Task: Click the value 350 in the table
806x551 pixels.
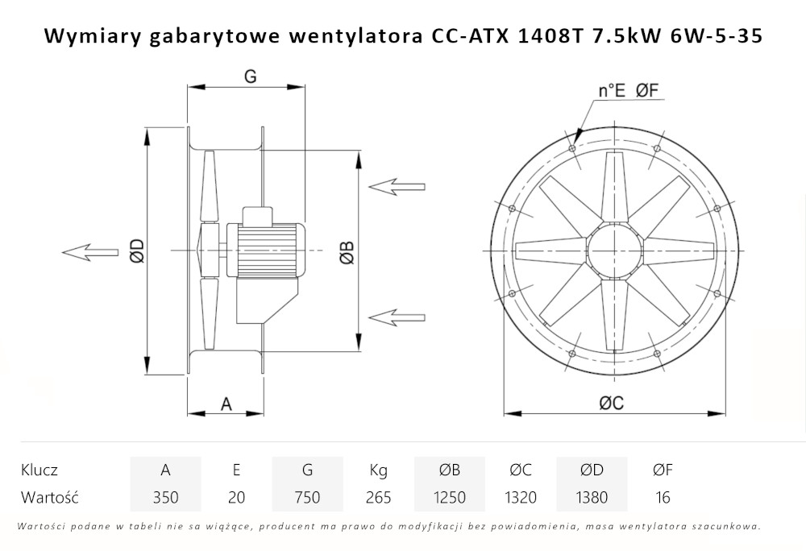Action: click(165, 497)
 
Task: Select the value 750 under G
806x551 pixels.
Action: click(307, 497)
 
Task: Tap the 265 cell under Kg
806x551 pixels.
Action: click(378, 497)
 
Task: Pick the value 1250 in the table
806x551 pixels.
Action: click(449, 497)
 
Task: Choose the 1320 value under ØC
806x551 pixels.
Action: click(520, 497)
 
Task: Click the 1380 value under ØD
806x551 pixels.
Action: click(592, 497)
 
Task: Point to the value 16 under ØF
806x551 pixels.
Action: click(663, 497)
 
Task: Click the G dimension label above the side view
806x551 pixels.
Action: click(250, 77)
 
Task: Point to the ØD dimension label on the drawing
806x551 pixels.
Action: click(136, 251)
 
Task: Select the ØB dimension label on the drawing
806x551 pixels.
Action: click(345, 251)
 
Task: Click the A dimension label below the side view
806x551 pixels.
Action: click(226, 404)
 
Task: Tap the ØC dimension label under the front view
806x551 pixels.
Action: click(612, 404)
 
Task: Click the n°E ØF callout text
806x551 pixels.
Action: click(629, 91)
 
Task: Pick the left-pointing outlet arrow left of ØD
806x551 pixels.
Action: click(89, 252)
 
